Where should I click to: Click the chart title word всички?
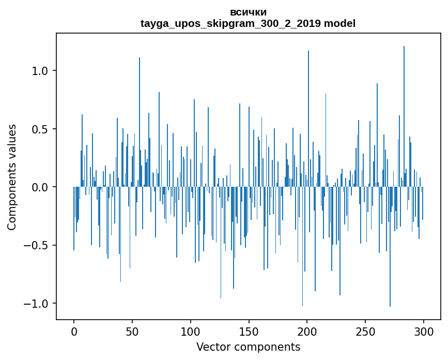pyautogui.click(x=248, y=12)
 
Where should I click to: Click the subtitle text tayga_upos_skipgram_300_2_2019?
pyautogui.click(x=231, y=23)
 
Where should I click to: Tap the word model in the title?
pyautogui.click(x=339, y=23)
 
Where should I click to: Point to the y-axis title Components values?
pyautogui.click(x=12, y=177)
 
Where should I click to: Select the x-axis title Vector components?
pyautogui.click(x=248, y=347)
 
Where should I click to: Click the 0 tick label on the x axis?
pyautogui.click(x=74, y=332)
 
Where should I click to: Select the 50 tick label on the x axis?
pyautogui.click(x=132, y=332)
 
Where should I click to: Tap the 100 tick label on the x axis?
pyautogui.click(x=191, y=332)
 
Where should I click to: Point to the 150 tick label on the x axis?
pyautogui.click(x=249, y=332)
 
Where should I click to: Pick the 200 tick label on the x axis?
pyautogui.click(x=307, y=332)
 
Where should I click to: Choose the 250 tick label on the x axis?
pyautogui.click(x=366, y=332)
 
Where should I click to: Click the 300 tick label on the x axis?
pyautogui.click(x=424, y=332)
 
